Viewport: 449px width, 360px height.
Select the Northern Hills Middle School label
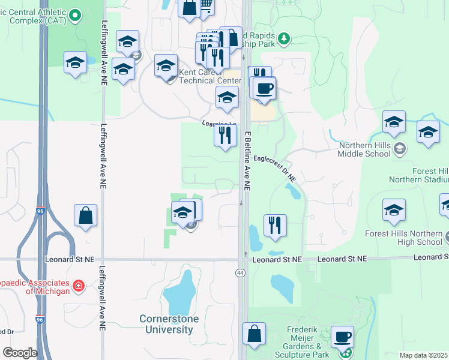[364, 149]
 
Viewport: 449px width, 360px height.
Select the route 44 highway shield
[240, 273]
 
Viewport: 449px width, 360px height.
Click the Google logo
[20, 353]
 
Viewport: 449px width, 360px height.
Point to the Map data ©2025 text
[424, 355]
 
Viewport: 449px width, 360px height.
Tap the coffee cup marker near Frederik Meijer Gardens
[342, 337]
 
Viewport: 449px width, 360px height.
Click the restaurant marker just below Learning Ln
[226, 135]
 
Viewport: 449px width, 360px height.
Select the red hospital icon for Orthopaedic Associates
[78, 286]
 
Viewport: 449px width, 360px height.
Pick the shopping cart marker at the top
[205, 6]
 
